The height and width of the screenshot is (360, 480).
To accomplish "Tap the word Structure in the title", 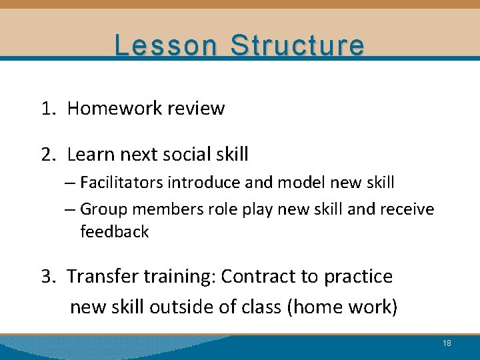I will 297,45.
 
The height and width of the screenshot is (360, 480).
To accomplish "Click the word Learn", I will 91,155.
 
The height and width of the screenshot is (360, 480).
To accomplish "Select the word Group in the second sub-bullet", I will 103,209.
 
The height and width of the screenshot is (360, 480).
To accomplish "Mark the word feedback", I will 114,232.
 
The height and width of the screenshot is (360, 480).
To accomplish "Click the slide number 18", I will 447,343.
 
